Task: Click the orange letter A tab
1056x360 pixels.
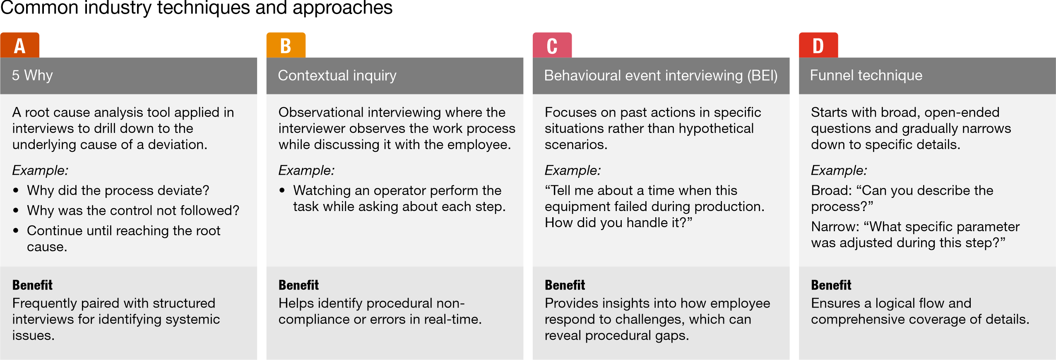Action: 20,45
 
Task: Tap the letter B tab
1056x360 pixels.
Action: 286,45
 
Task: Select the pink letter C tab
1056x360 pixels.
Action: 552,45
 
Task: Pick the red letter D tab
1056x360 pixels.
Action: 818,45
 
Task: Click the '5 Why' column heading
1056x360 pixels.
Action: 32,75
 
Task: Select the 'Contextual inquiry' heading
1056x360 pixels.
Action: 337,75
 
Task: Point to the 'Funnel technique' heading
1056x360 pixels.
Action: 866,75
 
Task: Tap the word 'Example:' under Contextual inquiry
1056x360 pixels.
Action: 306,170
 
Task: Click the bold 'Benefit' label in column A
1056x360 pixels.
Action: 32,285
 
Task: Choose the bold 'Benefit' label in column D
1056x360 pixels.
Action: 831,285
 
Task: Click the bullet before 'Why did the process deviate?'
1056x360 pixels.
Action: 16,190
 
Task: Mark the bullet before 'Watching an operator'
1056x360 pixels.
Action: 282,190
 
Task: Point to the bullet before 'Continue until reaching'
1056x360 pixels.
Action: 16,230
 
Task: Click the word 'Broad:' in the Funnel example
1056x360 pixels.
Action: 831,190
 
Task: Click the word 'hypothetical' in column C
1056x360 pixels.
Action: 716,128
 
